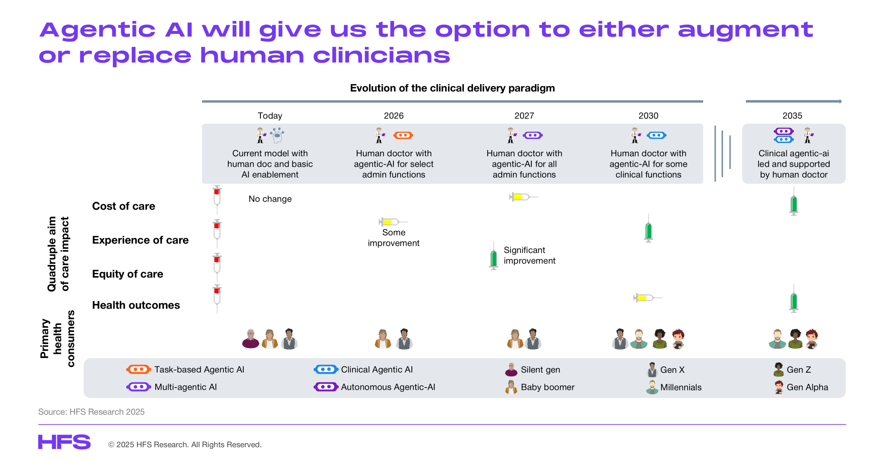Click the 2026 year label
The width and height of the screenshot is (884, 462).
click(x=393, y=115)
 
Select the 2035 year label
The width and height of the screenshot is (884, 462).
click(x=792, y=115)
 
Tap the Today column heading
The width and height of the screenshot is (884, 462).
click(x=270, y=115)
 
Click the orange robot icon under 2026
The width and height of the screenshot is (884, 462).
click(x=403, y=135)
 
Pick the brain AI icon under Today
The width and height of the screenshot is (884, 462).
click(x=277, y=135)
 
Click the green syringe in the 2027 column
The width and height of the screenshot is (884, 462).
click(x=493, y=256)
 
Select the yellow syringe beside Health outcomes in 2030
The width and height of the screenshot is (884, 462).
click(x=648, y=298)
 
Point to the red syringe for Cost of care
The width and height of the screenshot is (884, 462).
click(x=217, y=200)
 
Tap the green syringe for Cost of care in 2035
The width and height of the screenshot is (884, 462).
click(x=794, y=201)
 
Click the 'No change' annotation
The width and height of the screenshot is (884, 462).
click(x=270, y=199)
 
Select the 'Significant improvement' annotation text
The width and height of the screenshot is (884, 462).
click(x=529, y=255)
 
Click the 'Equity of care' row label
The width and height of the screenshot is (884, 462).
click(x=127, y=274)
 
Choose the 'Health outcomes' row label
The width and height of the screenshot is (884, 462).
click(x=136, y=305)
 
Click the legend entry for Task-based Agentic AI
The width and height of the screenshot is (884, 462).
click(x=185, y=369)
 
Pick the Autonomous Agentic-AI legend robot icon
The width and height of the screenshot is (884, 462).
click(x=326, y=386)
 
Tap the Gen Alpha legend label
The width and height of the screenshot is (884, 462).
click(x=807, y=387)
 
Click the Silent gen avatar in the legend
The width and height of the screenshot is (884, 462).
click(x=511, y=369)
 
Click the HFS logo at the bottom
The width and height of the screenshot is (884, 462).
click(x=64, y=442)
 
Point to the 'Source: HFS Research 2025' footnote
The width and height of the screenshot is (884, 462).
click(x=91, y=412)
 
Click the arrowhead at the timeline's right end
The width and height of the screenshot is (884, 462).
click(x=840, y=101)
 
